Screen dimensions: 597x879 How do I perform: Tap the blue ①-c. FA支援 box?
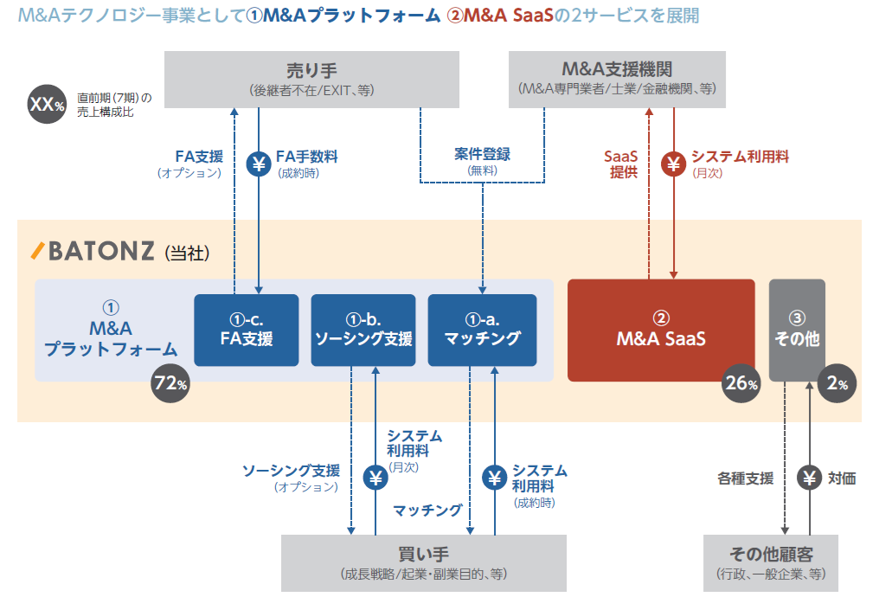pyautogui.click(x=246, y=330)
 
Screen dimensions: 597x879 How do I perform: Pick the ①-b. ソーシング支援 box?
pyautogui.click(x=363, y=330)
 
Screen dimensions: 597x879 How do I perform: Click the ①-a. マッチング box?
pyautogui.click(x=482, y=330)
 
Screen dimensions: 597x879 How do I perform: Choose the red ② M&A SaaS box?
pyautogui.click(x=661, y=330)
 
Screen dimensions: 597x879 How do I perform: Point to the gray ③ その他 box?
pyautogui.click(x=797, y=330)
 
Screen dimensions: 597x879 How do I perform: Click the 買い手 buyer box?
pyautogui.click(x=423, y=562)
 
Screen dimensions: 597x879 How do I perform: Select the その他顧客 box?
pyautogui.click(x=771, y=562)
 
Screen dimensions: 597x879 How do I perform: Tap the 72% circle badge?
pyautogui.click(x=170, y=383)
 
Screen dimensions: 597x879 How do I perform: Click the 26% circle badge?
pyautogui.click(x=741, y=383)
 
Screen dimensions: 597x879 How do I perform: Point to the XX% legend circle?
pyautogui.click(x=48, y=105)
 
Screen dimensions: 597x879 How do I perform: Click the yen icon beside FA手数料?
pyautogui.click(x=259, y=164)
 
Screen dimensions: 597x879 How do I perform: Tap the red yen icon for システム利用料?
pyautogui.click(x=674, y=164)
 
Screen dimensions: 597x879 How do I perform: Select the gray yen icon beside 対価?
pyautogui.click(x=810, y=478)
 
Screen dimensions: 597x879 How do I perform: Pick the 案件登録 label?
pyautogui.click(x=482, y=155)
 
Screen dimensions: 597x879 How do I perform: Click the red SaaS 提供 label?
pyautogui.click(x=620, y=164)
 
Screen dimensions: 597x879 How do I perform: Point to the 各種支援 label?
pyautogui.click(x=745, y=478)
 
